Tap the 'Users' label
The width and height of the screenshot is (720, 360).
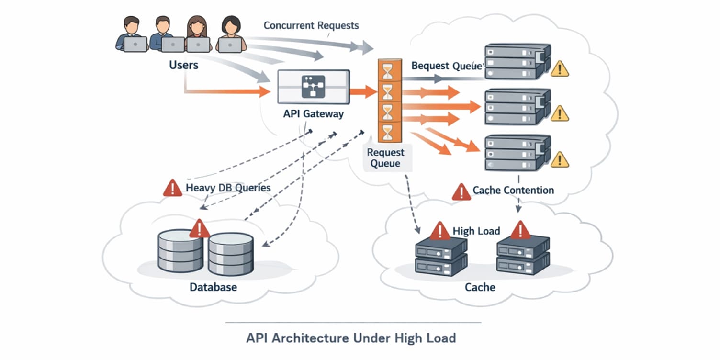coord(183,64)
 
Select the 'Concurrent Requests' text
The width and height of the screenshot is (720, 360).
coord(311,25)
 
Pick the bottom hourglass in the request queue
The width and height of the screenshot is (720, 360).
coord(387,132)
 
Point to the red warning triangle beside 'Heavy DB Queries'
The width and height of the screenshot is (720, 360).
coord(172,188)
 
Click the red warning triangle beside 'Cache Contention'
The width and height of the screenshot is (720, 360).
coord(461,191)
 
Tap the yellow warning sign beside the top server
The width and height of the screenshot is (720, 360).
coord(560,69)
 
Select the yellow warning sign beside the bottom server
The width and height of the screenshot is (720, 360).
coord(560,159)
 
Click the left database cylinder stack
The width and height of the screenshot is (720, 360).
coord(180,250)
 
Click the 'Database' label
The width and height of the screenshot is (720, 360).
coord(213,287)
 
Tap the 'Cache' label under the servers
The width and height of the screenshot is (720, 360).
coord(480,287)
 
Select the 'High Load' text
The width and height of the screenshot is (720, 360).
coord(476,231)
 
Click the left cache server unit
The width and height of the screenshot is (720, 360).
coord(441,256)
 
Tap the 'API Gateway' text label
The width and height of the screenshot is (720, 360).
coord(313,114)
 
